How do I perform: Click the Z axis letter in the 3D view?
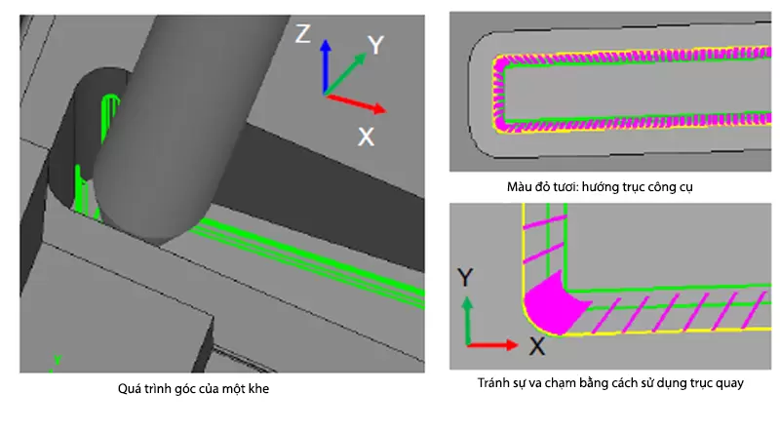tap(303, 34)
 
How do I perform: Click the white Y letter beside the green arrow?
tap(376, 45)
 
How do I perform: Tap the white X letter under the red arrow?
tap(367, 137)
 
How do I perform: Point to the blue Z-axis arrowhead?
tap(326, 46)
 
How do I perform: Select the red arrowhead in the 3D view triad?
tap(380, 108)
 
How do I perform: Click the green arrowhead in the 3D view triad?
tap(360, 59)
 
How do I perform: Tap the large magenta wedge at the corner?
tap(552, 303)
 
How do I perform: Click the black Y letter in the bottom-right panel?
tap(465, 277)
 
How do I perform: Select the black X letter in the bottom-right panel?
tap(537, 346)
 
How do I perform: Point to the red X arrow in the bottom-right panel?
tap(492, 344)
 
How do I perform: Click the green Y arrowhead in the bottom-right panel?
tap(467, 303)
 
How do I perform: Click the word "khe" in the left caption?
tap(258, 389)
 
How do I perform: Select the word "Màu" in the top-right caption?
tap(518, 187)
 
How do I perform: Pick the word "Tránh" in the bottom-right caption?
tap(492, 383)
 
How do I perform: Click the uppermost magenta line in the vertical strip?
tap(545, 222)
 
